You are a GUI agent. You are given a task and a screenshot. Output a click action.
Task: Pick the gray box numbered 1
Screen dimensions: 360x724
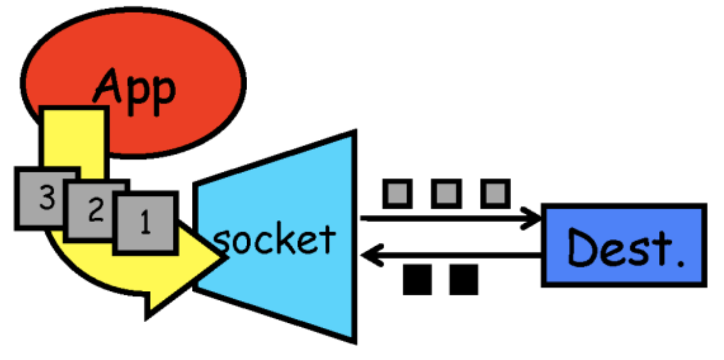click(146, 223)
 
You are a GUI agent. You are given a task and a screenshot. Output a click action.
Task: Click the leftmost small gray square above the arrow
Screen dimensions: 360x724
click(397, 193)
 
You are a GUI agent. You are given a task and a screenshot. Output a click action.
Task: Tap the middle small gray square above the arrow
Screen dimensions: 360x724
click(446, 193)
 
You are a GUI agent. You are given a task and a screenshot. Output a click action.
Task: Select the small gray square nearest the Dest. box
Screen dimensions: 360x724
click(495, 193)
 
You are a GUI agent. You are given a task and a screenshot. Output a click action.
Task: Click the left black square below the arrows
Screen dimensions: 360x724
click(417, 280)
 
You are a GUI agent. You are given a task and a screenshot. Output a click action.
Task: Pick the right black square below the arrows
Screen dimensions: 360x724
click(464, 280)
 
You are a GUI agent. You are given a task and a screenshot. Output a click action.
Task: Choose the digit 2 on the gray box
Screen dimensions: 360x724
click(96, 211)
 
